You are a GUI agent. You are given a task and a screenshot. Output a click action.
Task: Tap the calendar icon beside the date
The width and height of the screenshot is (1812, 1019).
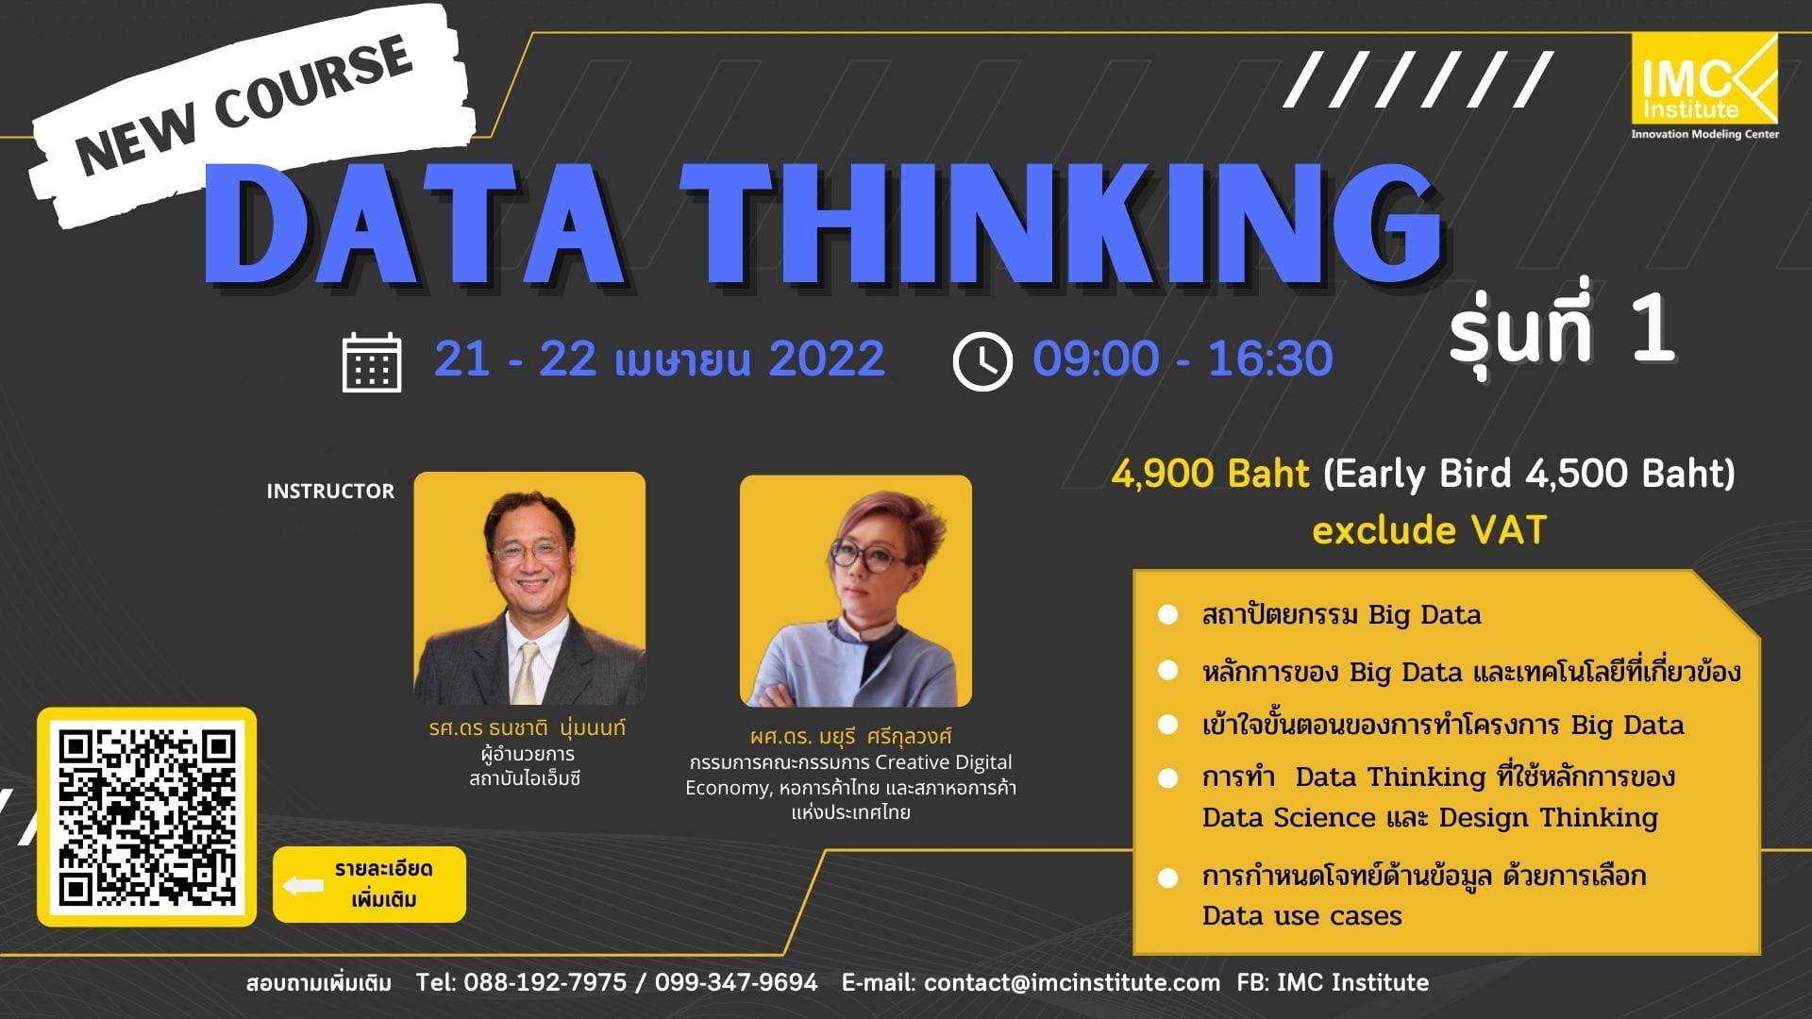[x=371, y=361]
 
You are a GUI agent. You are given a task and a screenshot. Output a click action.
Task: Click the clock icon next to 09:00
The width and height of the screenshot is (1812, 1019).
[x=982, y=361]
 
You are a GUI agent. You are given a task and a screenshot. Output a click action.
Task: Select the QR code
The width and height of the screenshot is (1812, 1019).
[x=146, y=817]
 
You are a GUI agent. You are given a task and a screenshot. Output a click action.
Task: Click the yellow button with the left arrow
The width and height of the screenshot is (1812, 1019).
[x=369, y=884]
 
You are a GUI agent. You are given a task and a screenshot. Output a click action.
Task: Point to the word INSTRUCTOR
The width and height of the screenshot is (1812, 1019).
[x=330, y=491]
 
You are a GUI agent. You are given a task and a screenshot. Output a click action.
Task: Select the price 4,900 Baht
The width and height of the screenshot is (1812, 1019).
[x=1210, y=473]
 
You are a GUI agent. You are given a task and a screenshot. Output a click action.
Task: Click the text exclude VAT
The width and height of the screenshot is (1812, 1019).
[x=1429, y=530]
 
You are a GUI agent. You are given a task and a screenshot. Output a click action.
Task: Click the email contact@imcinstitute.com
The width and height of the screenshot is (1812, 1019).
[x=1072, y=982]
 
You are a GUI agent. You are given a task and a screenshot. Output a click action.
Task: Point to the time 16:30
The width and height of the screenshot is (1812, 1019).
[x=1270, y=359]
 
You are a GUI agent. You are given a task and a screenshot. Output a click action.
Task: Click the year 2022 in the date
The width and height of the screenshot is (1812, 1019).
[x=827, y=359]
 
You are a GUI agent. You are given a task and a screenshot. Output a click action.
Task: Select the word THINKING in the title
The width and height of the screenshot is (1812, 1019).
[x=1066, y=226]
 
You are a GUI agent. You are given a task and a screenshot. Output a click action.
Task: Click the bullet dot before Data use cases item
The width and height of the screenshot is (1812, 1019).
[x=1167, y=877]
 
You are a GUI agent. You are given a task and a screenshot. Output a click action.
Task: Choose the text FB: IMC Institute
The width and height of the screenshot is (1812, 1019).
[x=1333, y=982]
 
